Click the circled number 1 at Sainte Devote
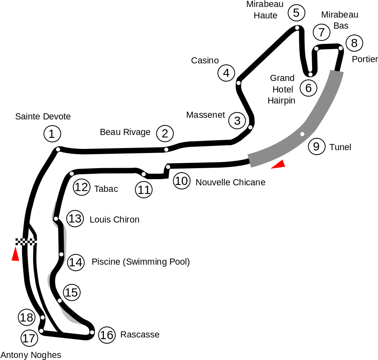pyautogui.click(x=52, y=134)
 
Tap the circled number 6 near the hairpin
pyautogui.click(x=308, y=88)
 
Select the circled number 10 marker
pyautogui.click(x=182, y=181)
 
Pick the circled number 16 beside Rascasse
pyautogui.click(x=107, y=335)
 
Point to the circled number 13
pyautogui.click(x=75, y=219)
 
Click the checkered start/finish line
pyautogui.click(x=26, y=242)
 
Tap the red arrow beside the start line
pyautogui.click(x=16, y=254)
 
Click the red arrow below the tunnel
pyautogui.click(x=279, y=164)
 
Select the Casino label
pyautogui.click(x=205, y=60)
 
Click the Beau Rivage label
pyautogui.click(x=125, y=132)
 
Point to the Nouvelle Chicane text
pyautogui.click(x=230, y=182)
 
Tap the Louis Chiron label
pyautogui.click(x=115, y=219)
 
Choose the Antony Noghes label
pyautogui.click(x=31, y=355)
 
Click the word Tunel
pyautogui.click(x=340, y=147)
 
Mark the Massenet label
pyautogui.click(x=206, y=115)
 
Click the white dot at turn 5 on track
pyautogui.click(x=297, y=28)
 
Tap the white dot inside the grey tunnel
pyautogui.click(x=302, y=134)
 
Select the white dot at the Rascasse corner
pyautogui.click(x=92, y=333)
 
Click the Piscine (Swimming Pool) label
pyautogui.click(x=141, y=262)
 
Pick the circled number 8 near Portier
pyautogui.click(x=354, y=43)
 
